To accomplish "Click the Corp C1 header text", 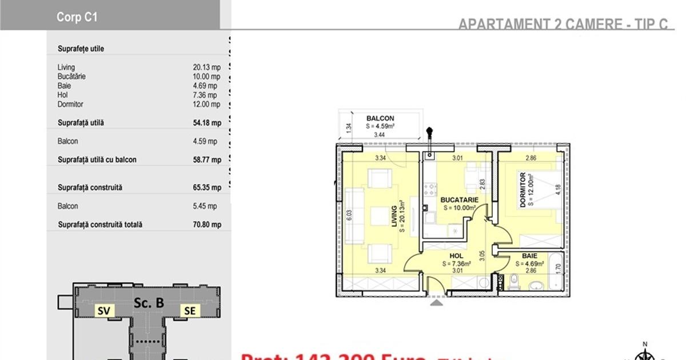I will pos(77,17).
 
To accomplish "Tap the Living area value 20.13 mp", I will pos(206,67).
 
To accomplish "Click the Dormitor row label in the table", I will pos(70,105).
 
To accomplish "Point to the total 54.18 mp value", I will pos(206,123).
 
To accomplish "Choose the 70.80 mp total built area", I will pos(206,225).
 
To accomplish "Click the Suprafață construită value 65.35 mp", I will pos(206,187).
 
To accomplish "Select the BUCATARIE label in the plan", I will pos(459,200).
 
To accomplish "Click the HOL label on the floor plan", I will pos(456,257).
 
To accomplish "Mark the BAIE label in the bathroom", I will pos(529,257).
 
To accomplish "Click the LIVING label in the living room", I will pos(394,217).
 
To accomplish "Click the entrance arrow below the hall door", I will pos(437,302).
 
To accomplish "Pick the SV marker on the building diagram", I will pos(103,311).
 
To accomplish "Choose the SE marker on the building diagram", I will pos(189,311).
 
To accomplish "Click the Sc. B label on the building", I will pos(148,303).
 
